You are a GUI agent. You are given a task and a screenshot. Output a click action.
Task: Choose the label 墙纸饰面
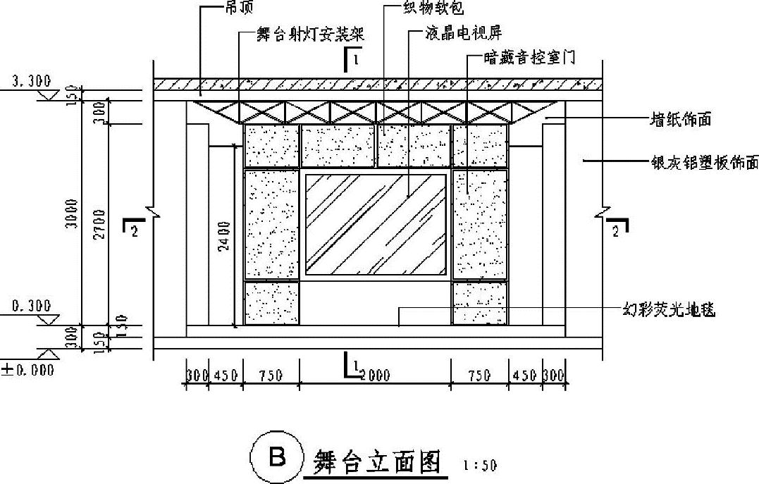pyautogui.click(x=679, y=120)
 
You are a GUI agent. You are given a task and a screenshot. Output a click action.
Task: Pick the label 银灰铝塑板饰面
pyautogui.click(x=703, y=162)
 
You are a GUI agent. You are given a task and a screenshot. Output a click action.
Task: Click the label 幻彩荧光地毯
pyautogui.click(x=669, y=309)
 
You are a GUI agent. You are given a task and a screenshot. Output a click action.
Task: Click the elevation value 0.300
pyautogui.click(x=30, y=306)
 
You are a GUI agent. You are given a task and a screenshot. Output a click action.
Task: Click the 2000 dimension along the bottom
pyautogui.click(x=376, y=376)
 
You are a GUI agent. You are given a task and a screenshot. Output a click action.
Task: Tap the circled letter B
pyautogui.click(x=277, y=458)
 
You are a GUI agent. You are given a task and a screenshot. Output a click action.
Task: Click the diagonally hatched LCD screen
pyautogui.click(x=376, y=224)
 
